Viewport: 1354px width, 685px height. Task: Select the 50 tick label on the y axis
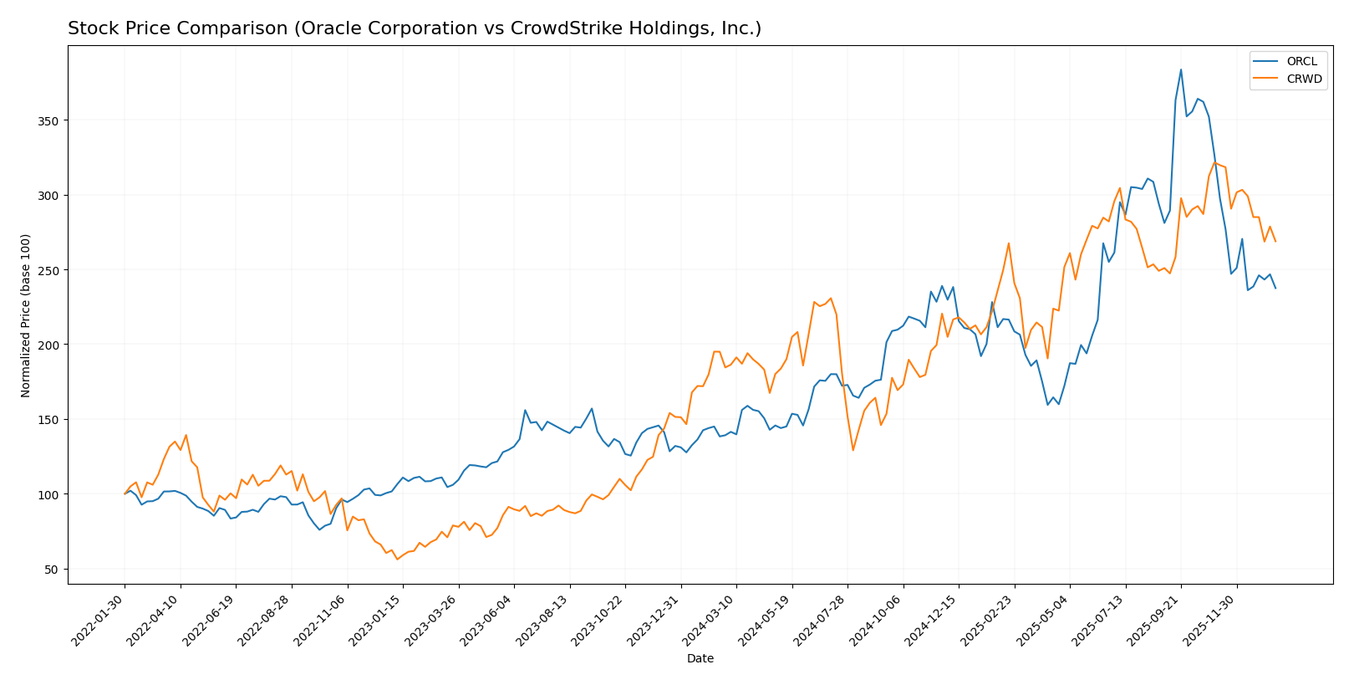click(53, 570)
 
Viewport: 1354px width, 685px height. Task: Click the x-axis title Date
click(700, 659)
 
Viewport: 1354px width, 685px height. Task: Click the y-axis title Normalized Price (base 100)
click(26, 315)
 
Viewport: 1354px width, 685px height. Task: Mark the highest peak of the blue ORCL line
click(1181, 69)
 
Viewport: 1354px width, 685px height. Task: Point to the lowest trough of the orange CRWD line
click(397, 559)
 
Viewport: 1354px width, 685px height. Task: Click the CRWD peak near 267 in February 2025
click(1009, 243)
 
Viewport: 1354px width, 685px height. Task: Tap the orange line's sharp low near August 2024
click(853, 450)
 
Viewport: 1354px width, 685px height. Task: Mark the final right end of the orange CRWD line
click(1275, 242)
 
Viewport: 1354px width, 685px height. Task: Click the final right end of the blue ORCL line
click(1275, 289)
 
